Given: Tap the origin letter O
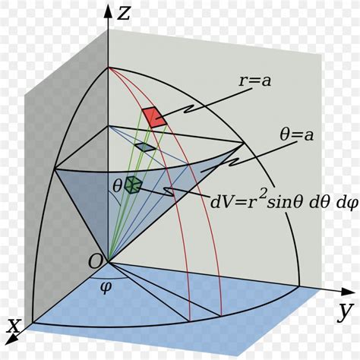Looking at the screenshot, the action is pos(96,261).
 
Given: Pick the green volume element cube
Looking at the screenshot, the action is pos(134,184).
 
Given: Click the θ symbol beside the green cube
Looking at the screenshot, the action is pos(117,185).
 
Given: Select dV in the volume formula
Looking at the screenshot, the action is pos(224,201).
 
